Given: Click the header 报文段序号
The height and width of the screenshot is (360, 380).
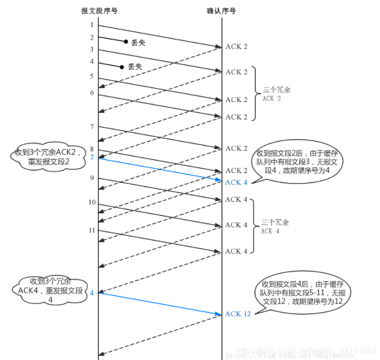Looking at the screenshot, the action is (98, 11).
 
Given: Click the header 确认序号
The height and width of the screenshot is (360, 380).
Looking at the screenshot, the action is (222, 11).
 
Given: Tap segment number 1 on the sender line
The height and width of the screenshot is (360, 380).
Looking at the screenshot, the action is (92, 25).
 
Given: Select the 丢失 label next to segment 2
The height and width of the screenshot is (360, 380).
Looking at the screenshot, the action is (138, 43).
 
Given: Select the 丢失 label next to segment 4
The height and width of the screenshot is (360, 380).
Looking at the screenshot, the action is (135, 66).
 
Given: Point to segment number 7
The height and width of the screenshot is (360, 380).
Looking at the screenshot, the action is (92, 127).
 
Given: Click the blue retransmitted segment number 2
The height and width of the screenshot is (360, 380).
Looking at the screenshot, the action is (92, 157).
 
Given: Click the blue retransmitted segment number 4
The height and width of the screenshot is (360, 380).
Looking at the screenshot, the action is (92, 293).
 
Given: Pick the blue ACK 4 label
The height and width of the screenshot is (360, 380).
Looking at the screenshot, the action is (236, 182).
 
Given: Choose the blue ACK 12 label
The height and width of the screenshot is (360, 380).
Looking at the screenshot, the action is (238, 314).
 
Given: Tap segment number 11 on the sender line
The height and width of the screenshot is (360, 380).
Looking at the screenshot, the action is (92, 230).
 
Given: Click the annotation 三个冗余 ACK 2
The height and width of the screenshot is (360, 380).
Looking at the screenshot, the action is (277, 94).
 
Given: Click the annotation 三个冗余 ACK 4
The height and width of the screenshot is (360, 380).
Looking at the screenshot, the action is (275, 227).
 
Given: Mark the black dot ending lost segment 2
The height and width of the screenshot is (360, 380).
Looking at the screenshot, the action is (126, 41).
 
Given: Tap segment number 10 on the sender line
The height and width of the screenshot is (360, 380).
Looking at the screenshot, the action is (92, 202).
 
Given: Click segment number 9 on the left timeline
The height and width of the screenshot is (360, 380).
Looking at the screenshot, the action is (92, 178).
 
